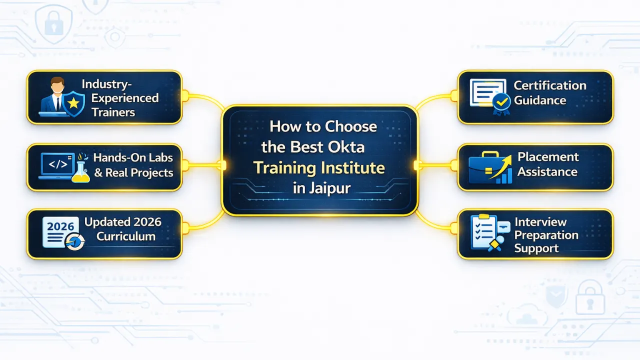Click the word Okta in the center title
click(x=346, y=147)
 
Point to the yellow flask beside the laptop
click(x=81, y=171)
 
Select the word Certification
click(x=549, y=85)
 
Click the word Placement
click(x=548, y=157)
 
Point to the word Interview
click(x=540, y=222)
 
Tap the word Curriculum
click(x=126, y=236)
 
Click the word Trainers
click(x=113, y=112)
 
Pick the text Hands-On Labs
click(x=132, y=158)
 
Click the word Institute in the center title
click(x=353, y=167)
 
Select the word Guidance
click(x=540, y=100)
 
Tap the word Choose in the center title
click(x=350, y=126)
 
